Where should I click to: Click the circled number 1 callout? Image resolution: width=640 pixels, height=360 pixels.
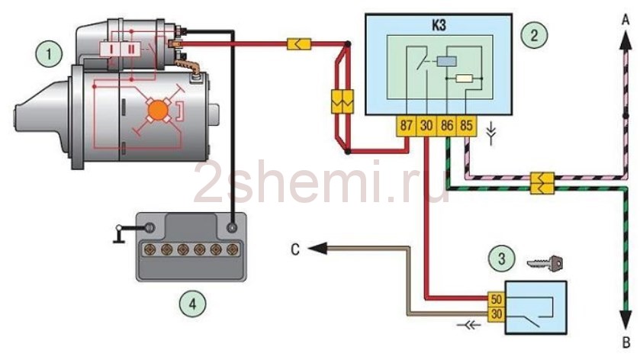pyautogui.click(x=50, y=54)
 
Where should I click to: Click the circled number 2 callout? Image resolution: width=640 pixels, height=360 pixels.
pyautogui.click(x=532, y=33)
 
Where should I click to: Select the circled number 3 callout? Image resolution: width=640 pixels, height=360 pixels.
pyautogui.click(x=501, y=259)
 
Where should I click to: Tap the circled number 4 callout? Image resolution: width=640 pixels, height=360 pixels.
pyautogui.click(x=193, y=304)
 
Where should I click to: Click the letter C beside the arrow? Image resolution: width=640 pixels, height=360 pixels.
pyautogui.click(x=294, y=248)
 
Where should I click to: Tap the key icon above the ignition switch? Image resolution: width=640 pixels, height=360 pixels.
pyautogui.click(x=545, y=263)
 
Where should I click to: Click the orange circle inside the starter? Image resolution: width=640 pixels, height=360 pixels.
pyautogui.click(x=159, y=111)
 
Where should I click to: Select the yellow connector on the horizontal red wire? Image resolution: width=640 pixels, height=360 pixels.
pyautogui.click(x=296, y=45)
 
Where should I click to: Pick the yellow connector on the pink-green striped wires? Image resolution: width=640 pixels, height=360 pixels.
pyautogui.click(x=540, y=182)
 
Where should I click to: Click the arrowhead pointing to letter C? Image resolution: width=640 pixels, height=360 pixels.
pyautogui.click(x=317, y=248)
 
